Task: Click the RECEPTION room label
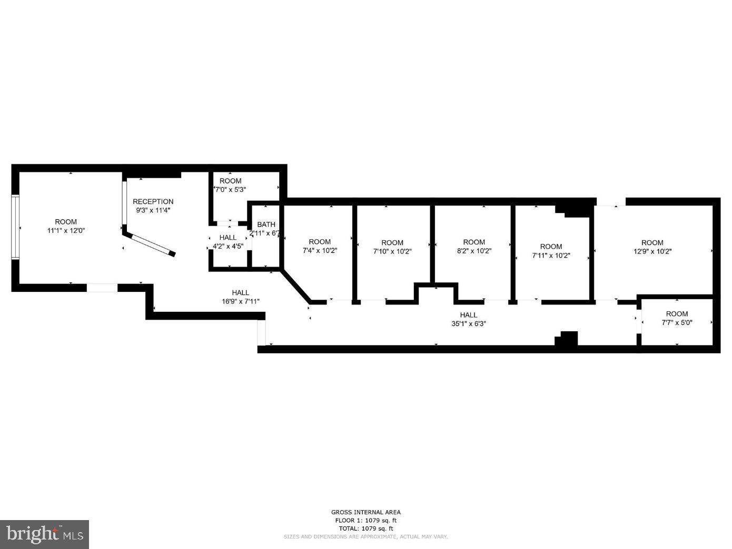click(x=153, y=201)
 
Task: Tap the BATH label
click(x=266, y=225)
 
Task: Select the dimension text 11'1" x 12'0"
click(x=66, y=230)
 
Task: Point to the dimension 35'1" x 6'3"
click(x=468, y=324)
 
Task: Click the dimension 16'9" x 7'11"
click(x=240, y=301)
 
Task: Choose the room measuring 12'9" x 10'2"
click(x=652, y=247)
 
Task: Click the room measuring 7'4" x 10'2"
click(x=319, y=247)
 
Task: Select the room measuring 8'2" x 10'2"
click(x=473, y=247)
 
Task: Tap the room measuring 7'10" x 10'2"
click(x=392, y=247)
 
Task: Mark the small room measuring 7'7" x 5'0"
click(x=677, y=319)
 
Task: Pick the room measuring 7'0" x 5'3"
click(x=230, y=185)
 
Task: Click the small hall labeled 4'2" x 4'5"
click(x=228, y=242)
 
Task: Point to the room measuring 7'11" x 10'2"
click(x=551, y=251)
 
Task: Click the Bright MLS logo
click(x=45, y=534)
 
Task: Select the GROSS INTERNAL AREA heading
click(x=365, y=512)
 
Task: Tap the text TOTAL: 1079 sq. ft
click(x=365, y=528)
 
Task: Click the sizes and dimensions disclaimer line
click(x=365, y=537)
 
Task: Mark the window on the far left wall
click(x=15, y=227)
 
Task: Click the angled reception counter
click(x=153, y=245)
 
